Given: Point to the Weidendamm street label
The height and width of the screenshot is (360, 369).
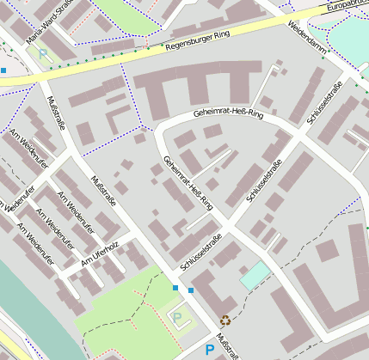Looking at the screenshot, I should click(306, 38).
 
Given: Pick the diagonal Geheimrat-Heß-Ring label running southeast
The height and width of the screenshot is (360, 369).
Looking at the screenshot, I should click(187, 182).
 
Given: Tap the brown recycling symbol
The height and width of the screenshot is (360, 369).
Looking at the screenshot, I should click(225, 320).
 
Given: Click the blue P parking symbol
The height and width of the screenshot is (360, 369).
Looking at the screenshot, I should click(208, 350).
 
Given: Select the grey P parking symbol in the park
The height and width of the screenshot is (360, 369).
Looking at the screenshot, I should click(178, 318).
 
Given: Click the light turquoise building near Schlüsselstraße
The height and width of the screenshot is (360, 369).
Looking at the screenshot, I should click(255, 275).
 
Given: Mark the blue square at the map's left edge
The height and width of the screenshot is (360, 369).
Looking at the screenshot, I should click(3, 70).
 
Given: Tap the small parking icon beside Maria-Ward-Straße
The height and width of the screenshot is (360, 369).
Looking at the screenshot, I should click(43, 53).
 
